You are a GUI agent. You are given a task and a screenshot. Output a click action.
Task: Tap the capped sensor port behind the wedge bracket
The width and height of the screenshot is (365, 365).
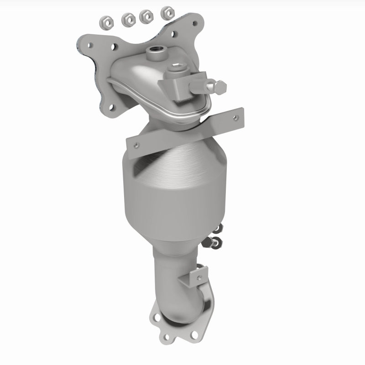[x=176, y=69]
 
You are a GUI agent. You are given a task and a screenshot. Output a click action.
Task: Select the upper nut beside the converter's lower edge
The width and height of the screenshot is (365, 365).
[x=219, y=227]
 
